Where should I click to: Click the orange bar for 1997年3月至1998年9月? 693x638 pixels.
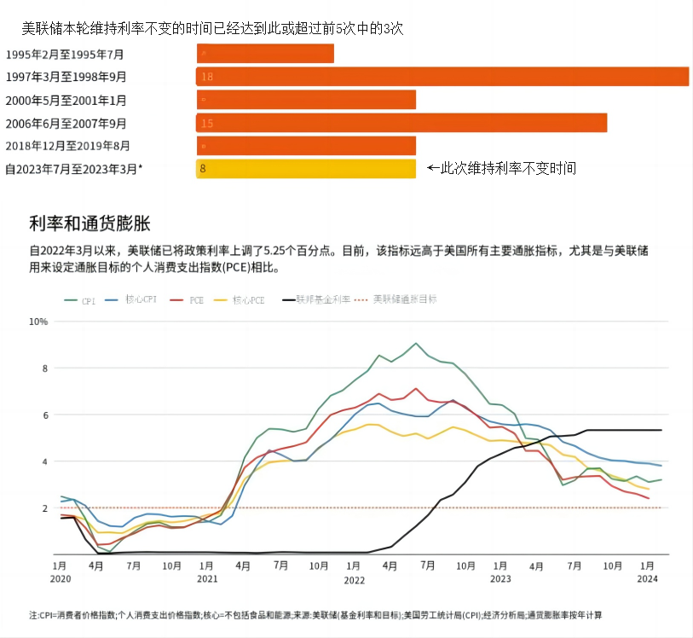(442, 77)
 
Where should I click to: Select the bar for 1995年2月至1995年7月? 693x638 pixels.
(265, 54)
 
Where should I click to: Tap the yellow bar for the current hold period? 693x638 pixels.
(306, 169)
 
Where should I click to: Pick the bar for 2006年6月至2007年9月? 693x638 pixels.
(401, 123)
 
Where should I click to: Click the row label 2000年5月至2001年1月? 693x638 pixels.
(66, 100)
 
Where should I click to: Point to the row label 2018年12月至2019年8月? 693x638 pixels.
(68, 146)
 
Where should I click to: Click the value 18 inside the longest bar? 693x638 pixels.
(207, 77)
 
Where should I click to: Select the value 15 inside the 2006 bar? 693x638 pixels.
(207, 124)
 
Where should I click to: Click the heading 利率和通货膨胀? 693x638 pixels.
(90, 224)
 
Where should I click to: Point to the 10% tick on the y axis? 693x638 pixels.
(38, 322)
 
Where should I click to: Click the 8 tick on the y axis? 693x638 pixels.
(43, 368)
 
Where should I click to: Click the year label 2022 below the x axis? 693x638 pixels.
(354, 579)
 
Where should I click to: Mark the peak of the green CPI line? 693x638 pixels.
(416, 344)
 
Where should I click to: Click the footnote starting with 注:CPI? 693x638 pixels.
(315, 615)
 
